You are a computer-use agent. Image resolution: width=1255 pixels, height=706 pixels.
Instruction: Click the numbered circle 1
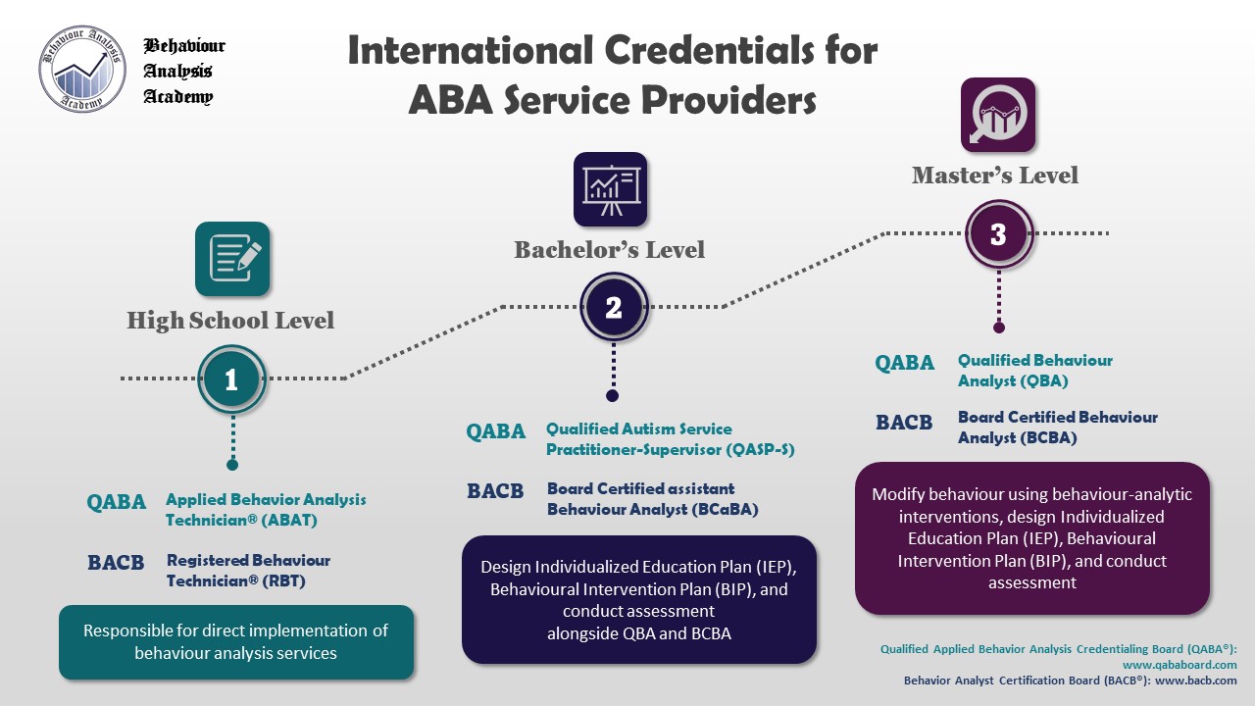pyautogui.click(x=231, y=379)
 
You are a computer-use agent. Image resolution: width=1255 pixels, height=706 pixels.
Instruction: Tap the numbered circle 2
pyautogui.click(x=613, y=308)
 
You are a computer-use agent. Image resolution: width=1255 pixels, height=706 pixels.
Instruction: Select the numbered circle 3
pyautogui.click(x=998, y=234)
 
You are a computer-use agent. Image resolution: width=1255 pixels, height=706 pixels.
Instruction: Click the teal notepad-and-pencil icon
pyautogui.click(x=232, y=259)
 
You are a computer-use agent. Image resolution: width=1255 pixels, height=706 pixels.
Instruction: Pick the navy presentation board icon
pyautogui.click(x=610, y=189)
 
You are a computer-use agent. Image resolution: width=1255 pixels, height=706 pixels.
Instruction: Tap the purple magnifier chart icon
pyautogui.click(x=997, y=115)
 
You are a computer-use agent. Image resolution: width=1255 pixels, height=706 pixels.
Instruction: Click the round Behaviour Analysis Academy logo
pyautogui.click(x=82, y=70)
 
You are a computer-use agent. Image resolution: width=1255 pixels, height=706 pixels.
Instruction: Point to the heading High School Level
pyautogui.click(x=230, y=321)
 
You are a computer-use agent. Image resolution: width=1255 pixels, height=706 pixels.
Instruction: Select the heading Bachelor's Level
pyautogui.click(x=610, y=250)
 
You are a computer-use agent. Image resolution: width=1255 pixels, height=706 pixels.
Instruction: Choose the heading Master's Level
pyautogui.click(x=995, y=176)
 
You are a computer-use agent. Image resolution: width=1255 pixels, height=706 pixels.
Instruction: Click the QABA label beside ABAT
pyautogui.click(x=117, y=502)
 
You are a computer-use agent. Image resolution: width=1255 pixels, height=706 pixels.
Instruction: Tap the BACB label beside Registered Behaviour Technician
pyautogui.click(x=116, y=563)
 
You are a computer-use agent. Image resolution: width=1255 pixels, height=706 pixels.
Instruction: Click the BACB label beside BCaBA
pyautogui.click(x=495, y=491)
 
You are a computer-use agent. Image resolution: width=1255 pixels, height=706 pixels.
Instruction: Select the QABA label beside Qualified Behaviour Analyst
pyautogui.click(x=905, y=363)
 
